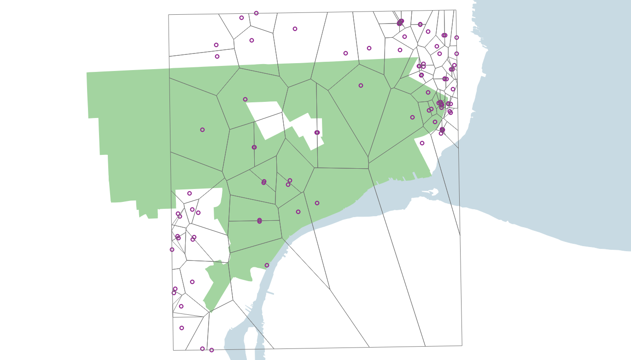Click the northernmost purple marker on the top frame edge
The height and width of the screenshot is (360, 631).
(x=256, y=13)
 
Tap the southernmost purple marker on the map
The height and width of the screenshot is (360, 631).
(x=211, y=350)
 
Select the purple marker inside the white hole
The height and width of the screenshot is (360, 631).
(x=317, y=133)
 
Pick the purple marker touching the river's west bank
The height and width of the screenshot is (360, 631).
(x=267, y=266)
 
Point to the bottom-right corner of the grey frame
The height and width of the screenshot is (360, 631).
(x=462, y=345)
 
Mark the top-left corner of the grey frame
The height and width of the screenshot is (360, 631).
(x=169, y=15)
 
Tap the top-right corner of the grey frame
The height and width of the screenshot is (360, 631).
(x=456, y=10)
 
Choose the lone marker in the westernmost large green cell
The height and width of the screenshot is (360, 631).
(x=202, y=130)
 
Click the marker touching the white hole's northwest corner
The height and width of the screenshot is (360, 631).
(x=245, y=100)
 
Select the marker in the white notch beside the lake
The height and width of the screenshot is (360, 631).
(x=422, y=143)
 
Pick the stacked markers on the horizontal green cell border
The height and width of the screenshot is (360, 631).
(x=259, y=221)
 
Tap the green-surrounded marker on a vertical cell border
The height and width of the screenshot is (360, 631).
(x=254, y=148)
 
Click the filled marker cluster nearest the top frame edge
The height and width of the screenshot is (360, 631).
(x=400, y=22)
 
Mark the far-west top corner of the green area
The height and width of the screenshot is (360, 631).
(x=87, y=73)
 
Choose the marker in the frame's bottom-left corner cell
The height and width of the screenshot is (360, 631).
(x=181, y=328)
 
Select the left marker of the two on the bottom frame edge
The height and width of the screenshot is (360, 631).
(x=202, y=349)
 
